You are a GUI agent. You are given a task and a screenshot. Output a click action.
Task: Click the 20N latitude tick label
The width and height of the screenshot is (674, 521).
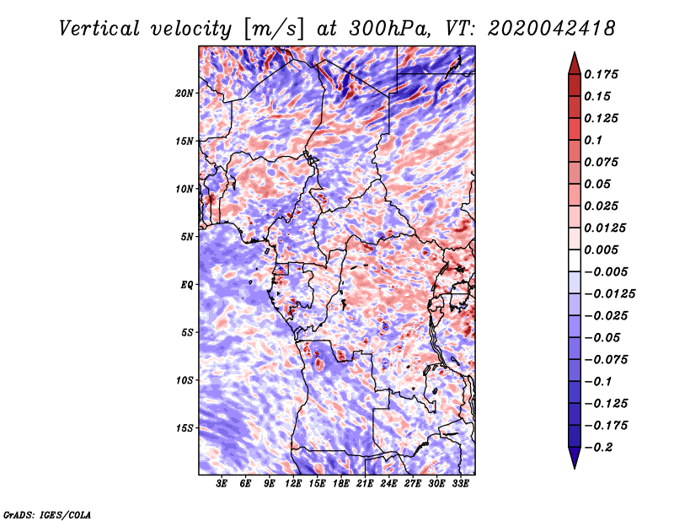tap(185, 93)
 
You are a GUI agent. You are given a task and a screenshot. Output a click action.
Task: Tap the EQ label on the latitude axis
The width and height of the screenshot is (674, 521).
tap(186, 284)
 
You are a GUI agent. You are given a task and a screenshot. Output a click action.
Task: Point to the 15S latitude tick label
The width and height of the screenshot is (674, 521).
tap(185, 427)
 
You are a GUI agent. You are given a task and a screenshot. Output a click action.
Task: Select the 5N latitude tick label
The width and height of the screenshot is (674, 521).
tap(187, 236)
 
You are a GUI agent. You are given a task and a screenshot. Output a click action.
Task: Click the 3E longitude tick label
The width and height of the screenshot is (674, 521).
tap(222, 484)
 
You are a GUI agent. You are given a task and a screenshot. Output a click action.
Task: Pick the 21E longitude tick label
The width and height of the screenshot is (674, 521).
tap(366, 484)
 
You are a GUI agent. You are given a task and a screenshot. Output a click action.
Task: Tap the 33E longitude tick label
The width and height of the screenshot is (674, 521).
tap(461, 484)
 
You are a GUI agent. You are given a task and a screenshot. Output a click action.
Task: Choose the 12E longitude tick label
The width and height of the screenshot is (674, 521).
tap(294, 484)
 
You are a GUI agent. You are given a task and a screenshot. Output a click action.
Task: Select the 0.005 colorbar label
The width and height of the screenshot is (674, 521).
tap(602, 250)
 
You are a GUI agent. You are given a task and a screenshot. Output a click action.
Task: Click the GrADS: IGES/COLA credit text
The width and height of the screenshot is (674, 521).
tap(46, 513)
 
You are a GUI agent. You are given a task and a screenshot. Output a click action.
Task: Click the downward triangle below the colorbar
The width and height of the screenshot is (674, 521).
tap(574, 459)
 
